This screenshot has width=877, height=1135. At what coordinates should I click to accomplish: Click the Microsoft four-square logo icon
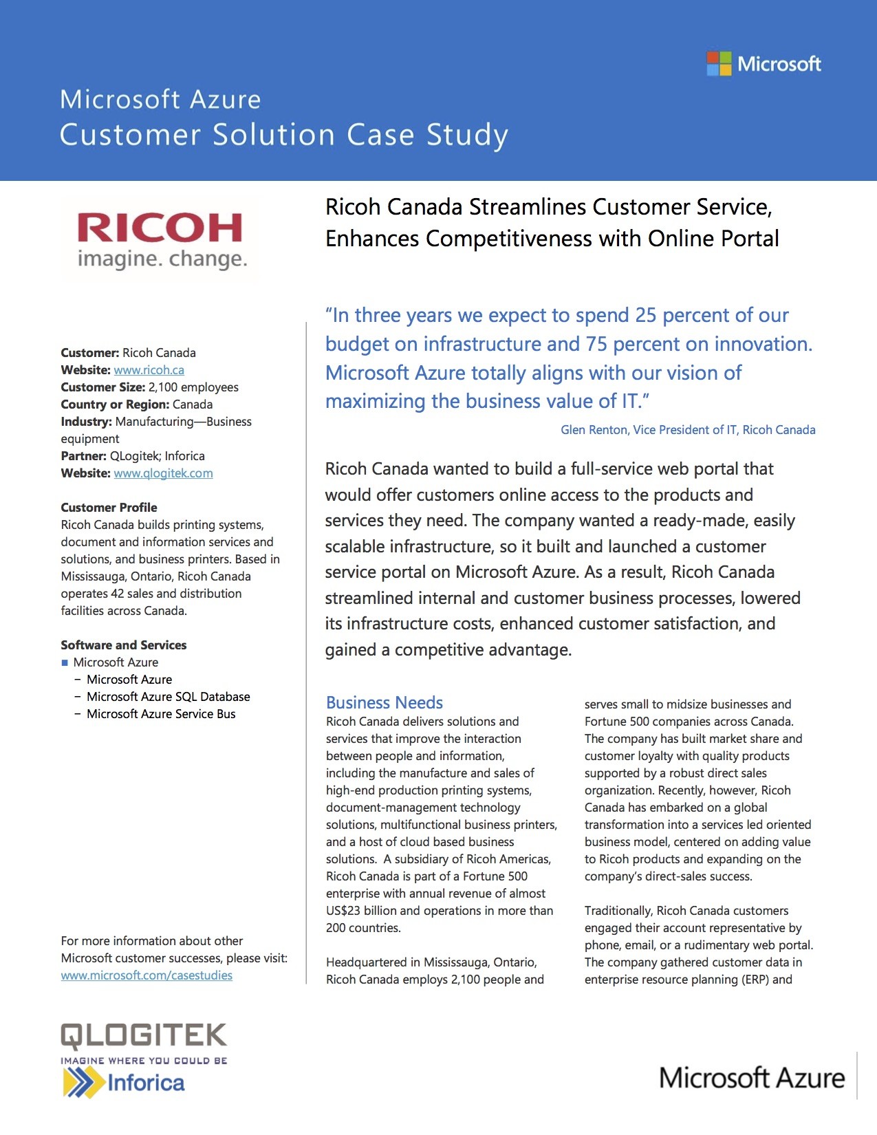[x=719, y=64]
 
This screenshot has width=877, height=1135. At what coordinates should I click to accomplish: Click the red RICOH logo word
[x=160, y=228]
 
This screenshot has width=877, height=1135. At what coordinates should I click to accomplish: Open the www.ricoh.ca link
[x=149, y=370]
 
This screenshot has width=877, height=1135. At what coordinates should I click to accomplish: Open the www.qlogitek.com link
[x=163, y=473]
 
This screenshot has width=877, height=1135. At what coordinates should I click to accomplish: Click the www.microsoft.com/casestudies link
[x=147, y=975]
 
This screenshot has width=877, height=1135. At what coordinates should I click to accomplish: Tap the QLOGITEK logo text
[x=144, y=1036]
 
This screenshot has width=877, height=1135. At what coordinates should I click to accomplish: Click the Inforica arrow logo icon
[x=82, y=1083]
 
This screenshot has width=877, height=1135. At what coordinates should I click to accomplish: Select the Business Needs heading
[x=384, y=702]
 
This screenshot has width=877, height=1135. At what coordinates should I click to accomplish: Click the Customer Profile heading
[x=109, y=508]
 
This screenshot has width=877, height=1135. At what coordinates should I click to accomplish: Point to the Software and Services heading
[x=123, y=645]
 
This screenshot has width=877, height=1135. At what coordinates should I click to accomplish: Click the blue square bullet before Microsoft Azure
[x=65, y=663]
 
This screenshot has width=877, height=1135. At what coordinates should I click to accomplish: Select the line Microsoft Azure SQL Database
[x=168, y=697]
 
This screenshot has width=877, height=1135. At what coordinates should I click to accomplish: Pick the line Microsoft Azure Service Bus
[x=161, y=714]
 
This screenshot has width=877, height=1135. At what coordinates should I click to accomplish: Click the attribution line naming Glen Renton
[x=687, y=430]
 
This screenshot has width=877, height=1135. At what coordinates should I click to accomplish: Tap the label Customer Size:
[x=102, y=387]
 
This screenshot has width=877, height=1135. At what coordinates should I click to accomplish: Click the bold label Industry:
[x=86, y=422]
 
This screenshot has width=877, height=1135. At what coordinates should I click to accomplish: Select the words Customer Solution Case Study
[x=283, y=135]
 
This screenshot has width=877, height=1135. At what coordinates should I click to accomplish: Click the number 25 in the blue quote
[x=645, y=315]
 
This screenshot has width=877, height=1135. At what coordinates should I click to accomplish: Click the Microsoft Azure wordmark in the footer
[x=751, y=1078]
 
